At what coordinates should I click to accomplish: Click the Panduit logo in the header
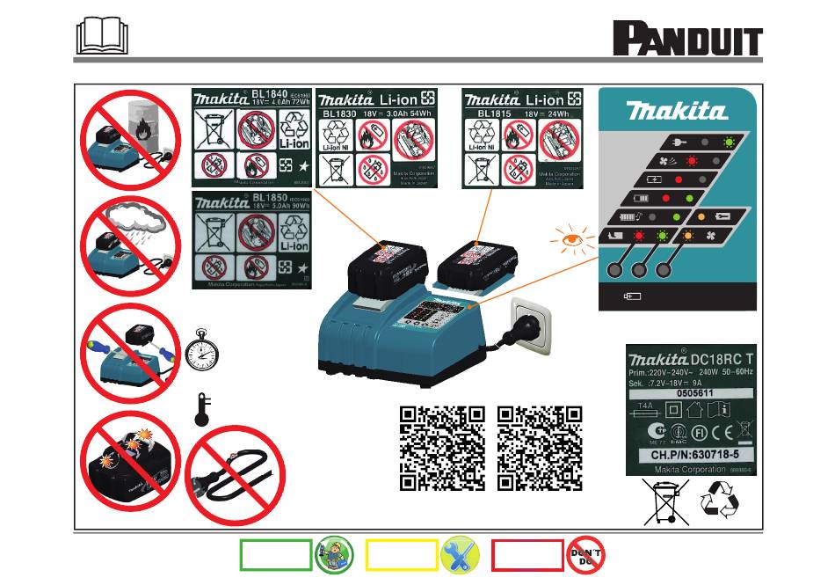686,40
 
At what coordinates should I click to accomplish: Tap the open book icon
102,37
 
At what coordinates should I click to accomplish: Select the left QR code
442,448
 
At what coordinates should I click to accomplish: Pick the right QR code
540,448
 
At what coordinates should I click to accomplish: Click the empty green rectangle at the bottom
275,555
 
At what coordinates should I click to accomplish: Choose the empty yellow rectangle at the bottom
402,555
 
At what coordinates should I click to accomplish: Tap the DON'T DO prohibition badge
586,555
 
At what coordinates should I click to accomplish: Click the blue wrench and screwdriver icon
460,555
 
